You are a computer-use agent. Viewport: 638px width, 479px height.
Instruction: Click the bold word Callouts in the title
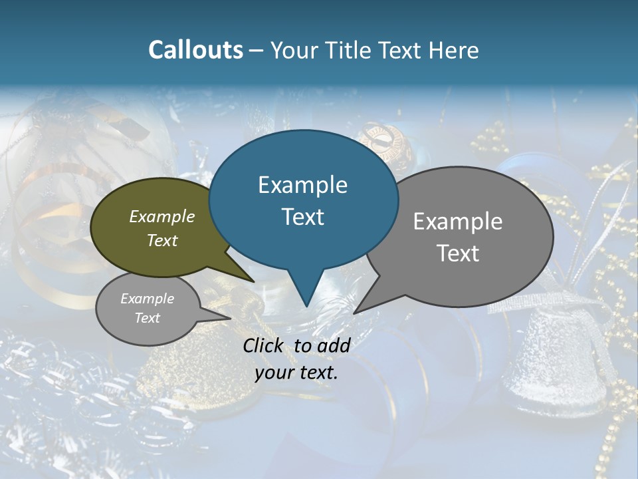(x=195, y=50)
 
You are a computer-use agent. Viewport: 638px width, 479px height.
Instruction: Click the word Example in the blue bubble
(x=302, y=185)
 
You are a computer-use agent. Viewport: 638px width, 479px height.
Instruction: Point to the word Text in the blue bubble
(x=302, y=217)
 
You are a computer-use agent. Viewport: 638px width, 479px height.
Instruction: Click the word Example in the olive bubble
(x=162, y=216)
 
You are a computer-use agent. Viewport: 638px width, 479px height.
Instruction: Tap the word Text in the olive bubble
(x=162, y=240)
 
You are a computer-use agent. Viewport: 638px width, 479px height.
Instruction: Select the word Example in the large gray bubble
(x=458, y=222)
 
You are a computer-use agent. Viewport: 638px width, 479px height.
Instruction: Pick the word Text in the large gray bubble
(x=458, y=253)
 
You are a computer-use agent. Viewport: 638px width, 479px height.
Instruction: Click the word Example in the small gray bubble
(x=148, y=299)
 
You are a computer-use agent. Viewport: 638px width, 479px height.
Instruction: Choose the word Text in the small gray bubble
(x=148, y=318)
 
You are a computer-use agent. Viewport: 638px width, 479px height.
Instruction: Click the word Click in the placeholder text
(x=264, y=345)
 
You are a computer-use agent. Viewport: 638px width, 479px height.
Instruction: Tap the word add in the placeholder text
(x=334, y=345)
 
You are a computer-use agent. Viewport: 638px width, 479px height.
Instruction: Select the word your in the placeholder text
(x=270, y=373)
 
